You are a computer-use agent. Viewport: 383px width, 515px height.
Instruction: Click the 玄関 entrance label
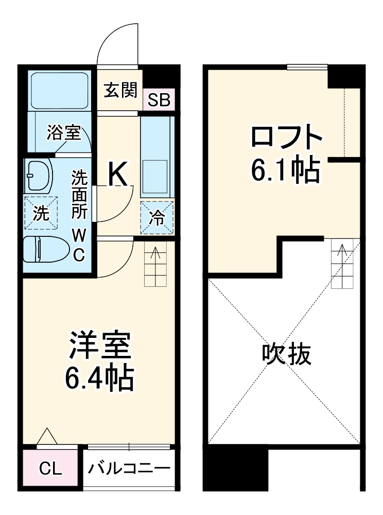pyautogui.click(x=121, y=91)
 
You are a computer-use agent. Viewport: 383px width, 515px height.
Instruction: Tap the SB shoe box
pyautogui.click(x=159, y=100)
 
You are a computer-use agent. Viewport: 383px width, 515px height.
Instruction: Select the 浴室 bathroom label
pyautogui.click(x=64, y=133)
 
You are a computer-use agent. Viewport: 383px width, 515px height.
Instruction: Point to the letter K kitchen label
pyautogui.click(x=118, y=174)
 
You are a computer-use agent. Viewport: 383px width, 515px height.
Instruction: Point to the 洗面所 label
pyautogui.click(x=79, y=194)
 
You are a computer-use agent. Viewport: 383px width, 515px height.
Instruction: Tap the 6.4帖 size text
pyautogui.click(x=99, y=379)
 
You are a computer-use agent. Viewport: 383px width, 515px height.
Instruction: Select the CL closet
pyautogui.click(x=51, y=469)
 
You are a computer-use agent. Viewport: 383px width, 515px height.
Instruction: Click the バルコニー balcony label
pyautogui.click(x=128, y=469)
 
